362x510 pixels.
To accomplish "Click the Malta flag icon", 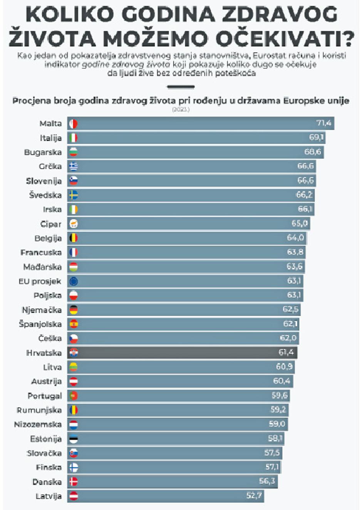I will coord(73,123).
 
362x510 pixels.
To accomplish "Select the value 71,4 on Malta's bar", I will coord(323,123).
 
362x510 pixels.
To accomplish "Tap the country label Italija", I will coord(50,138).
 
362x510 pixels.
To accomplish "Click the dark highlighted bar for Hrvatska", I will coord(181,352).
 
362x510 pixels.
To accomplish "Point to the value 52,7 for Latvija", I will coord(254,495).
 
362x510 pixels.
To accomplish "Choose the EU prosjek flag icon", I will coord(73,281).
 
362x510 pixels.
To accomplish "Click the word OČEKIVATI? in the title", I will coord(285,39).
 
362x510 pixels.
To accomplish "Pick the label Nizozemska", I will coord(38,424).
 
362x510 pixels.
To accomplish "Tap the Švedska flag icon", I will coord(73,195).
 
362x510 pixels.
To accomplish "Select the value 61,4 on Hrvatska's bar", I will coord(286,352).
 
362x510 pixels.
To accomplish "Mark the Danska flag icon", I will coord(73,481).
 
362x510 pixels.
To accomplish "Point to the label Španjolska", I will coord(40,324).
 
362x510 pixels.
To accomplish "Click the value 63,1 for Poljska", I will coord(294,295).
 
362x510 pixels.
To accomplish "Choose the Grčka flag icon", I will coord(73,166).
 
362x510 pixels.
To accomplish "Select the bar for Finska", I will coord(173,467).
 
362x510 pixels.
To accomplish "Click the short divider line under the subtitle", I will coord(181,87).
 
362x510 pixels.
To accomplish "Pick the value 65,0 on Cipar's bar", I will coord(300,223).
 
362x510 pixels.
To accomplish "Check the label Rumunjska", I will coord(39,410).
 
